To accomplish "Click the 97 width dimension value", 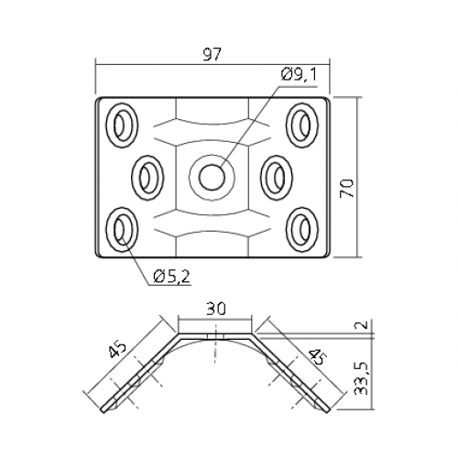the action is point(212,54).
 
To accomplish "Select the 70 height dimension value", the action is point(347,188).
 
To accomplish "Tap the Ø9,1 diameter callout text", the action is point(299,75).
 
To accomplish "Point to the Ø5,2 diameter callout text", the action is point(172,277).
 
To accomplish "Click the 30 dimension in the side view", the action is point(215,309).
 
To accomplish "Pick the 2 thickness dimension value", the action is point(362,324).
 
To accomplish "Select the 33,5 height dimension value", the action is point(362,379).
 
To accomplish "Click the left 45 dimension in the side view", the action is point(117,349).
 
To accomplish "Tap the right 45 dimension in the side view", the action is point(318,356).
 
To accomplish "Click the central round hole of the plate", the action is point(213,177).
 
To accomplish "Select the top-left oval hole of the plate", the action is point(122,125).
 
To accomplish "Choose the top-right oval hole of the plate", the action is point(302,125).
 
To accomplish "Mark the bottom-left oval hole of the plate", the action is point(122,230).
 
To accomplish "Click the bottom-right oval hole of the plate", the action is point(302,230).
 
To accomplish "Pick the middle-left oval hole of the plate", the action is point(147,178).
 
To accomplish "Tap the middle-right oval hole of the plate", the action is point(277,178).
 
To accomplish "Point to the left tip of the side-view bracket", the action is point(104,410).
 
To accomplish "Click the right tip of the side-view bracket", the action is point(328,409).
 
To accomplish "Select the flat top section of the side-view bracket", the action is point(215,336).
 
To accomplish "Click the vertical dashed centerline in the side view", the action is point(215,343).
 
